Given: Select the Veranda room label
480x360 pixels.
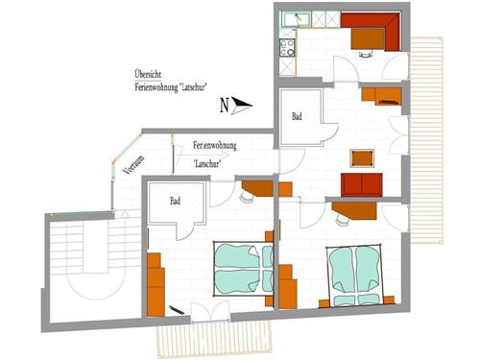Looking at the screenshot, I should coord(128,164).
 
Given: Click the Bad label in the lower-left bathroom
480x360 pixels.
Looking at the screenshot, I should coord(176,202).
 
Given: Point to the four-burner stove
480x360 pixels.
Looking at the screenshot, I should coord(287,44).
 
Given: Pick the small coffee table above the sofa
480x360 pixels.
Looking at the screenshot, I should coord(362,157).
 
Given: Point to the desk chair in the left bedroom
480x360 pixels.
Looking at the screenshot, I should coord(247,200).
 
